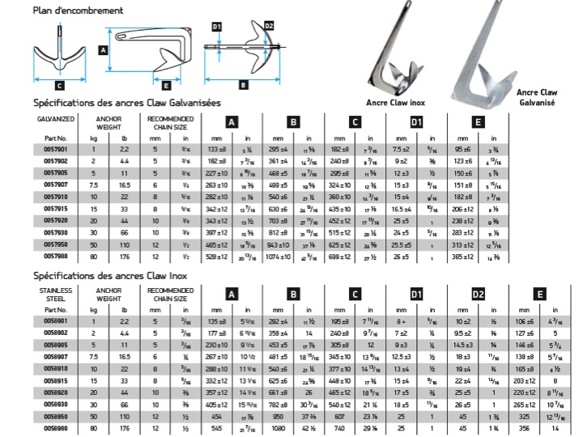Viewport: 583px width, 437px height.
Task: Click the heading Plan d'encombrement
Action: [x=78, y=11]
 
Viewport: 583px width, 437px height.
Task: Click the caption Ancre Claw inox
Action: [x=395, y=103]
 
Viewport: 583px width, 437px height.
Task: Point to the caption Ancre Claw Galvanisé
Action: [x=537, y=98]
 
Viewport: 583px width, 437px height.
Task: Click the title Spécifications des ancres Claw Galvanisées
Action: [x=126, y=104]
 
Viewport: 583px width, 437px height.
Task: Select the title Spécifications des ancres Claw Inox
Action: [x=112, y=275]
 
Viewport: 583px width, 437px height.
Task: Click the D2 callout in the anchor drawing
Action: [x=269, y=28]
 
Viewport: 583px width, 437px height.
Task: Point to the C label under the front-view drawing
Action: [x=59, y=84]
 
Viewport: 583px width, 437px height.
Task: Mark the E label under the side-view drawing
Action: [x=165, y=84]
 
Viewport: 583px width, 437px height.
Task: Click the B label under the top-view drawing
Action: [x=243, y=84]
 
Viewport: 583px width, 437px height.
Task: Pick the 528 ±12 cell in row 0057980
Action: [x=222, y=256]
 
